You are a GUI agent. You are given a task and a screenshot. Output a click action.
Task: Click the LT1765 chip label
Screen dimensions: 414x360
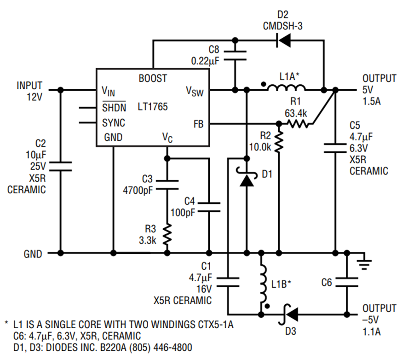click(x=153, y=107)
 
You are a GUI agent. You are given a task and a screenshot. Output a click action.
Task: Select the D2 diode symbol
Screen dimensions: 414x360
click(x=283, y=41)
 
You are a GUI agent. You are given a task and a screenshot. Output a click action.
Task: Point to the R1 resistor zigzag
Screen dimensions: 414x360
click(x=298, y=124)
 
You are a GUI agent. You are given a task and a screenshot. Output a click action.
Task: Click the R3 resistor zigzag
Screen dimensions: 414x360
click(x=167, y=234)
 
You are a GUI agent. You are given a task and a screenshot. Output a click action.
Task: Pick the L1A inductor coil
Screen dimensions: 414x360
click(x=287, y=87)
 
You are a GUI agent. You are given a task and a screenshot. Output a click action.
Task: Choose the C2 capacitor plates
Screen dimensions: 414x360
click(x=61, y=166)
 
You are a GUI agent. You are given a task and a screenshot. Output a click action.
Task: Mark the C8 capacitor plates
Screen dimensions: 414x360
click(x=235, y=56)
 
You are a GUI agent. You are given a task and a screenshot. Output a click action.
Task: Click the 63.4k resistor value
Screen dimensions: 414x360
click(x=296, y=113)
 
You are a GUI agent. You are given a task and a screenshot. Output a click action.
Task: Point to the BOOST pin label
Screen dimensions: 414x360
click(x=153, y=78)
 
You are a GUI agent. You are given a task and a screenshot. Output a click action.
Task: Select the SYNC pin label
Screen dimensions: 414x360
click(x=114, y=123)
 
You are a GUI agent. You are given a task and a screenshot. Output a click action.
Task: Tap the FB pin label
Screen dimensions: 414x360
click(x=199, y=124)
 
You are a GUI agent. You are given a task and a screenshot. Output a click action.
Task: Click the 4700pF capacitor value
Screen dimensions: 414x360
click(x=138, y=190)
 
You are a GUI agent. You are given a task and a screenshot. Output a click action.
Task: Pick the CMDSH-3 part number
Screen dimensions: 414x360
click(x=282, y=26)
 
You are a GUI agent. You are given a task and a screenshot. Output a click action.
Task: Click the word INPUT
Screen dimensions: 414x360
click(x=29, y=85)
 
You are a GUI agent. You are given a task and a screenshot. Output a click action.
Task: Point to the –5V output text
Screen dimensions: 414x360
click(x=370, y=319)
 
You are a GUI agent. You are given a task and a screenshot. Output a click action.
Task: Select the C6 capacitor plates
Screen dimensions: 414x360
click(x=347, y=282)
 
